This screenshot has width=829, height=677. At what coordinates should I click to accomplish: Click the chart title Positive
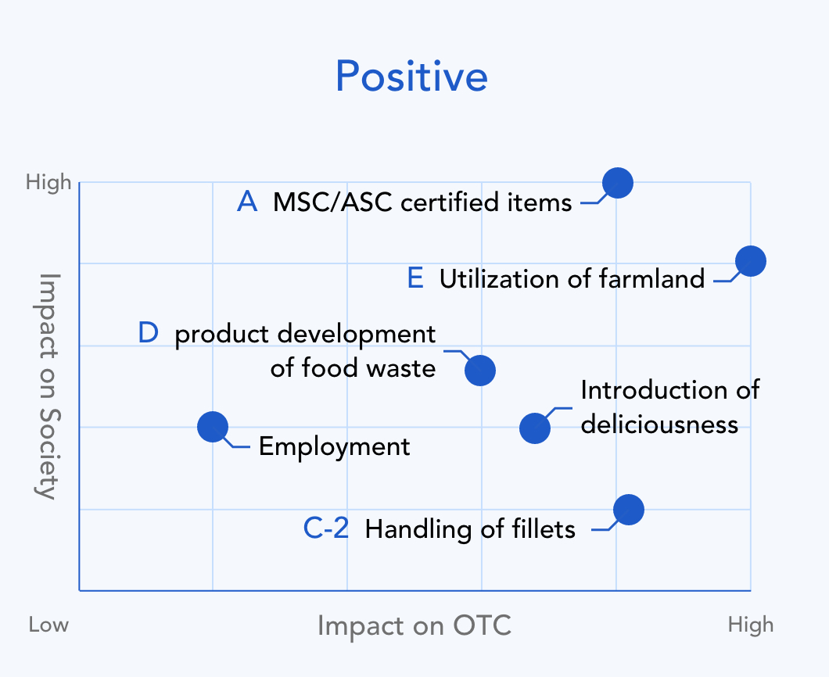tap(411, 76)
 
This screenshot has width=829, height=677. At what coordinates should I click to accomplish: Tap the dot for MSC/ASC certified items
tap(618, 183)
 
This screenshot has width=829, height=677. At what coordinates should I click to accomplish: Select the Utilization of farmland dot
tap(751, 261)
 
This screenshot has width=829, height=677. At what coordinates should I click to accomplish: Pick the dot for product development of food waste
tap(480, 371)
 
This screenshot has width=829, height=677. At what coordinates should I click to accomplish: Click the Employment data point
tap(213, 427)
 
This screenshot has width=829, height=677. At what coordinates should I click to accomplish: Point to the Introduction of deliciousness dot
tap(535, 428)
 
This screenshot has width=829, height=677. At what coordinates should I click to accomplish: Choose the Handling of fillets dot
tap(629, 510)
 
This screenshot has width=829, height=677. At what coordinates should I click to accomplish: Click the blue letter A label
tap(247, 202)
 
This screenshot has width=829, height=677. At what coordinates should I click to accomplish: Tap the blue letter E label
tap(415, 278)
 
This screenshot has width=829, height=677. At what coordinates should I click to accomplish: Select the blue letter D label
tap(148, 333)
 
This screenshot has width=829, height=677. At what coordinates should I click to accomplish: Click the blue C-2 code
tap(326, 528)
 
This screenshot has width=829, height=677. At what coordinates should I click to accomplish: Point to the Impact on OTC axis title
tap(414, 625)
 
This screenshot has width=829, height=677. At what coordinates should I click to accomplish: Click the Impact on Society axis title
tap(48, 386)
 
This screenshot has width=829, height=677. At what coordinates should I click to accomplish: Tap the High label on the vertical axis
tap(48, 182)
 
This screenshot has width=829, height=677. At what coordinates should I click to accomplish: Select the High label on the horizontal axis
tap(751, 625)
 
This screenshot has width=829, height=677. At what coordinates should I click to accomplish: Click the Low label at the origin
tap(48, 625)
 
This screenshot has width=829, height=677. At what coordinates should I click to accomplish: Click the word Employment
tap(334, 447)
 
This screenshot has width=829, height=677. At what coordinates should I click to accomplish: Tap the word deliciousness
tap(659, 424)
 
